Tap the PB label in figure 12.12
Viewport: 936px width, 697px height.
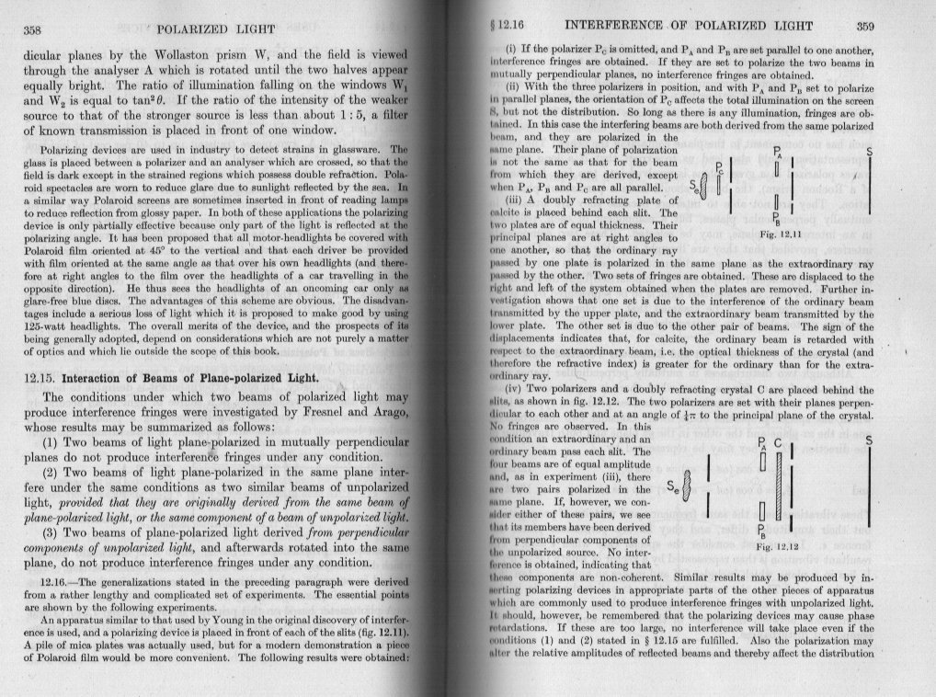point(760,531)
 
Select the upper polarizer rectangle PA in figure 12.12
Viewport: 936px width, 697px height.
point(761,461)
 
